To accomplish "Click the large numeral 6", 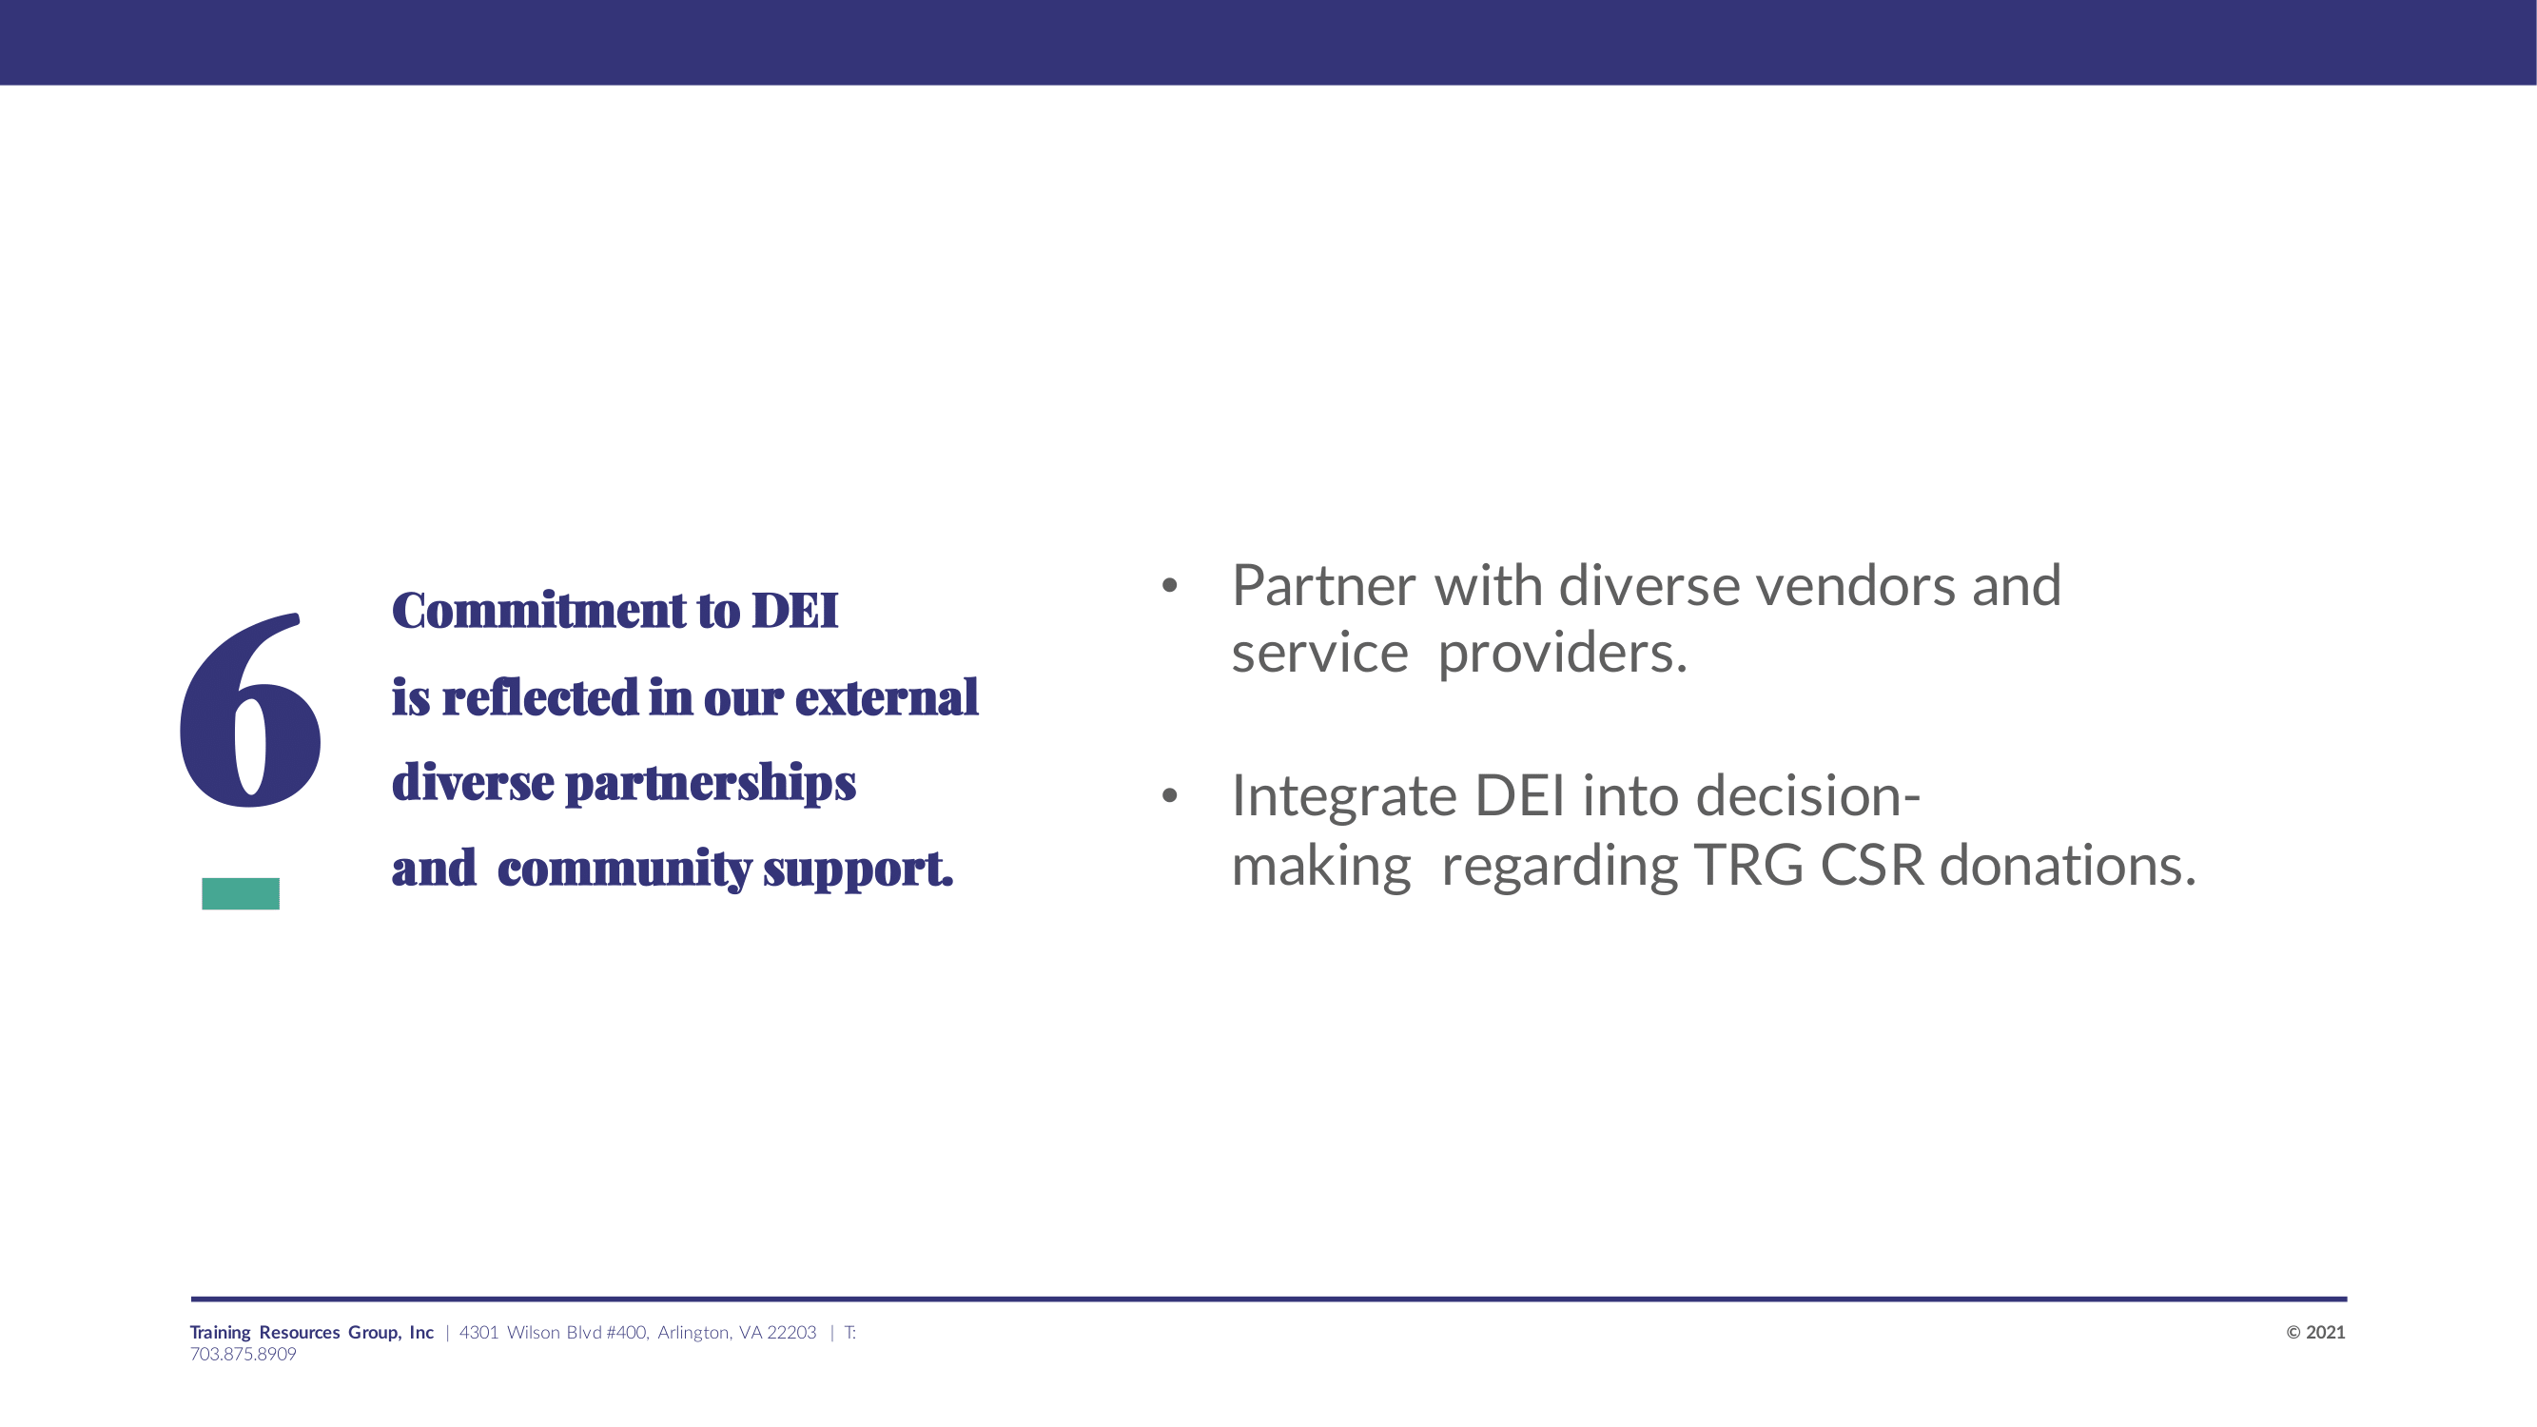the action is click(x=250, y=709).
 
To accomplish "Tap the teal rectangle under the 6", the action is click(x=241, y=893).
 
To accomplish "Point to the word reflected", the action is click(x=540, y=697).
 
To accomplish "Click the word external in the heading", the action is click(x=887, y=697).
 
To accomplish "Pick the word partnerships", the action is click(x=710, y=785).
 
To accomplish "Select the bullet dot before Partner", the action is click(x=1169, y=586).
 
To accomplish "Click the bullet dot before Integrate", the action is click(x=1169, y=794).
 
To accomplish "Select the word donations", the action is click(x=2067, y=866).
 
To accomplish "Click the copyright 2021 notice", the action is click(x=2315, y=1333).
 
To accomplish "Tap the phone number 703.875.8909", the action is click(x=244, y=1354).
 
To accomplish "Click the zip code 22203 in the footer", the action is click(x=791, y=1333).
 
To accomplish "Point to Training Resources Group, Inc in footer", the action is click(x=312, y=1333).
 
